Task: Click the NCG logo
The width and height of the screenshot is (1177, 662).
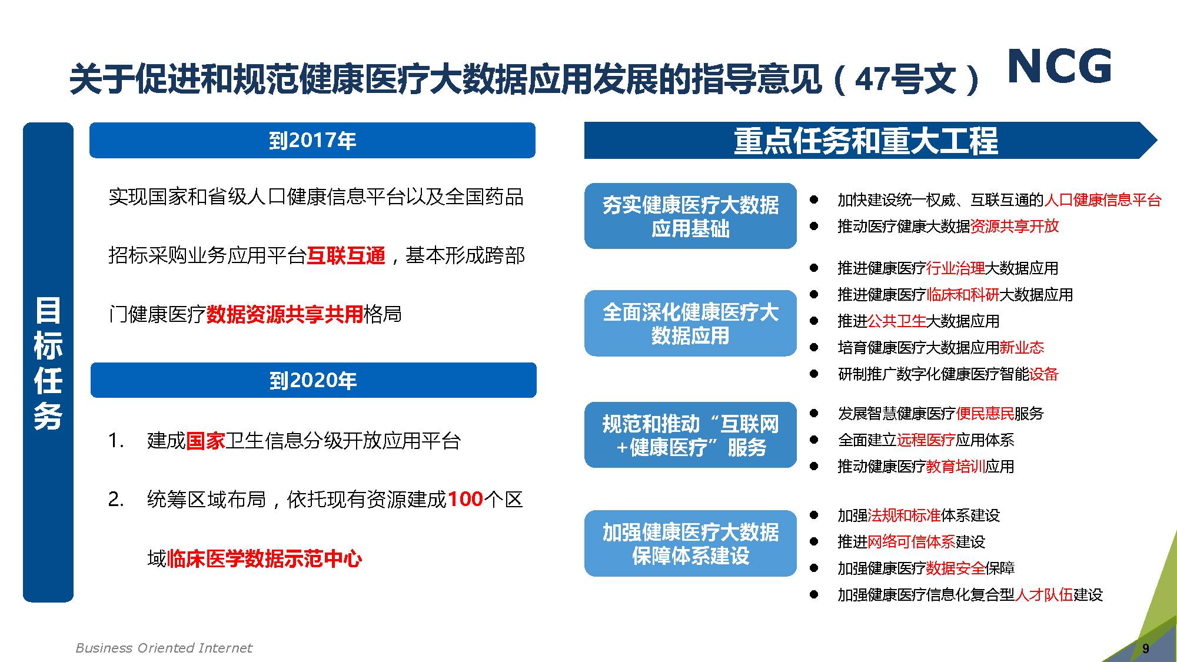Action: (x=1059, y=66)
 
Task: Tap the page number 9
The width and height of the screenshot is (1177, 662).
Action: (x=1145, y=648)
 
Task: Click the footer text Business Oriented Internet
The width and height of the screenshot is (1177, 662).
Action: (x=164, y=648)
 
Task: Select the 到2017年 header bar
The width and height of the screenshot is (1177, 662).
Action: (x=312, y=140)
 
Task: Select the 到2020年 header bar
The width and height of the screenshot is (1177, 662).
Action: (x=313, y=380)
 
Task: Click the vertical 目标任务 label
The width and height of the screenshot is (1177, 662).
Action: (x=48, y=362)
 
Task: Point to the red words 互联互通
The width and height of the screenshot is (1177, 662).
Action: (x=346, y=256)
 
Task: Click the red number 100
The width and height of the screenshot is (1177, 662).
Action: (x=466, y=499)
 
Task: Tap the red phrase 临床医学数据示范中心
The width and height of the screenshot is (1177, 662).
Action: (x=264, y=558)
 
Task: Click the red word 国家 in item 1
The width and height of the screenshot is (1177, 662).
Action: (x=205, y=440)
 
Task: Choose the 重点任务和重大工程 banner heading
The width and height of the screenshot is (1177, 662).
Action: (x=866, y=141)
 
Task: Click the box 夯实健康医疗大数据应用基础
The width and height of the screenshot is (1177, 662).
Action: (x=690, y=216)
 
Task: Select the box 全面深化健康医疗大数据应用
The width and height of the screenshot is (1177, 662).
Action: (x=690, y=323)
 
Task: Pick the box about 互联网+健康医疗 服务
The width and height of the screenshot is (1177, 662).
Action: (x=690, y=435)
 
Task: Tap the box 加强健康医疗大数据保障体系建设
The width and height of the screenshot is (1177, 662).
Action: (x=690, y=543)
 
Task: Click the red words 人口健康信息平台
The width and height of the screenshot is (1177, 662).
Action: (x=1102, y=200)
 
